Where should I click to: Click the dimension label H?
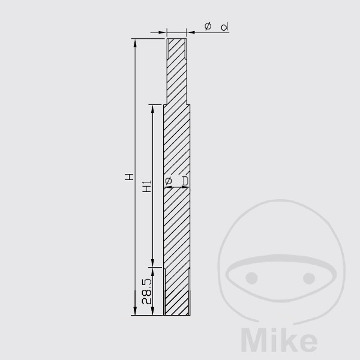pos(129,177)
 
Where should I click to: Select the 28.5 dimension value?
pos(147,292)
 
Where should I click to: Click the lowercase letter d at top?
pos(224,26)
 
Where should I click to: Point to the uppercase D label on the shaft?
pos(185,181)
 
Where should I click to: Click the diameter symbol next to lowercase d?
pos(208,26)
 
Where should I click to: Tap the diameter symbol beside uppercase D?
pos(168,181)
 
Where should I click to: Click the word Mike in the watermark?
pos(279,340)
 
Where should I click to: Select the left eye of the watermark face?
pos(251,278)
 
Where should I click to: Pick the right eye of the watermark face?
pos(309,278)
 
